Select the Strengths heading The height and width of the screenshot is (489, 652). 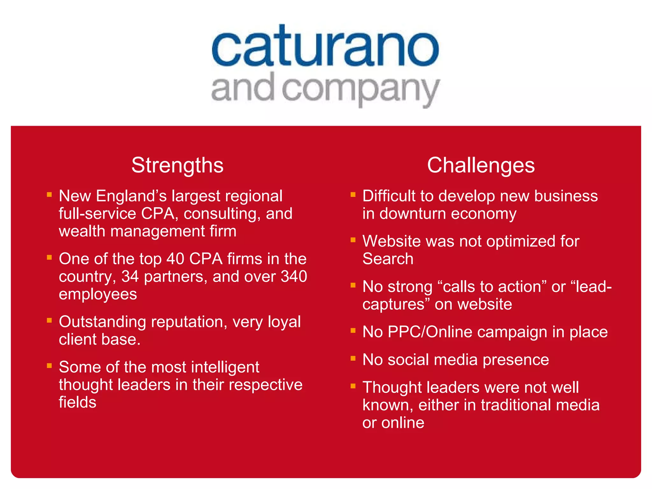[x=177, y=165]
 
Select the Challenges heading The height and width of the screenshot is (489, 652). [x=481, y=165]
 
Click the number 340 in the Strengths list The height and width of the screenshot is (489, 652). [x=294, y=276]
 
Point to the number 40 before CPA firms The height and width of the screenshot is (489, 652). [x=175, y=259]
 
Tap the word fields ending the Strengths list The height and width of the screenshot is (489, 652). [x=77, y=402]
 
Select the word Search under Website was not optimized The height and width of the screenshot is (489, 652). [x=388, y=259]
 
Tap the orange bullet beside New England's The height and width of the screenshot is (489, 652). [x=49, y=194]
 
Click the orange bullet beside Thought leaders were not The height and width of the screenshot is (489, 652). [x=353, y=386]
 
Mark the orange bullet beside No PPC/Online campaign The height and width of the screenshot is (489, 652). [x=353, y=330]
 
